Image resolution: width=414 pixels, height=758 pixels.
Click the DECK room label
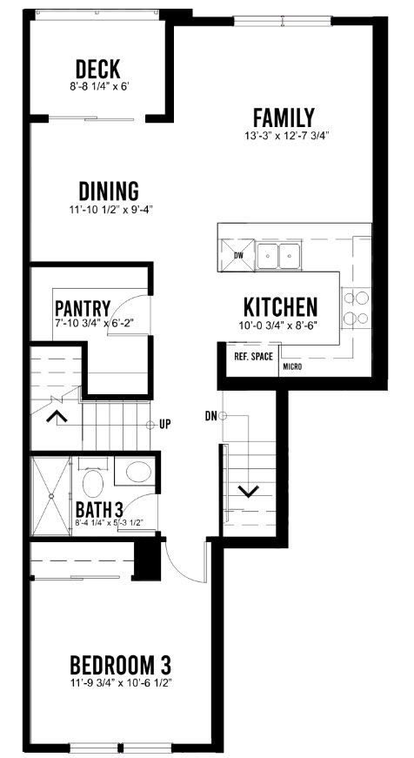pos(98,69)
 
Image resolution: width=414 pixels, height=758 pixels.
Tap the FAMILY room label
pos(284,117)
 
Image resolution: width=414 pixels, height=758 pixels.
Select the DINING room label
pos(109,191)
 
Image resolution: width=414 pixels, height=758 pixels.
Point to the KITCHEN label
pos(280,306)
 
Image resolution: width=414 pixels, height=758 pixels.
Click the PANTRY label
pos(83,308)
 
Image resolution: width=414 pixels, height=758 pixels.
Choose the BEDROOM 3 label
pos(121,665)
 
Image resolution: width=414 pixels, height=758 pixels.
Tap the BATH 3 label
pos(99,509)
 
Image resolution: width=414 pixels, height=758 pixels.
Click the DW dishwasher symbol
pos(237,255)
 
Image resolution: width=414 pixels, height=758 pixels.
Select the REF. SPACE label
pos(254,357)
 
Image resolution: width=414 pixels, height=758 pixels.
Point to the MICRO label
pos(293,367)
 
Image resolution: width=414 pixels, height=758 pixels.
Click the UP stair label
pos(165,425)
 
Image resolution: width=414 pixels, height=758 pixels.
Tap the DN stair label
pos(210,415)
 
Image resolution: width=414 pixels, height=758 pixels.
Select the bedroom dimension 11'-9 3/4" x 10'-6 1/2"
pos(121,683)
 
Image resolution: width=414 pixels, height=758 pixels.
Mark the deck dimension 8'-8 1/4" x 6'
pos(98,88)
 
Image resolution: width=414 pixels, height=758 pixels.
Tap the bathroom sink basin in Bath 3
pos(138,472)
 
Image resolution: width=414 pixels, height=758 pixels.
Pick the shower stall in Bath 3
pos(50,495)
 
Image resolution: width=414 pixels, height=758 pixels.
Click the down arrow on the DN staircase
pos(249,492)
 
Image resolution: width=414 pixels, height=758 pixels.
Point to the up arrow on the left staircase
pos(56,416)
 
